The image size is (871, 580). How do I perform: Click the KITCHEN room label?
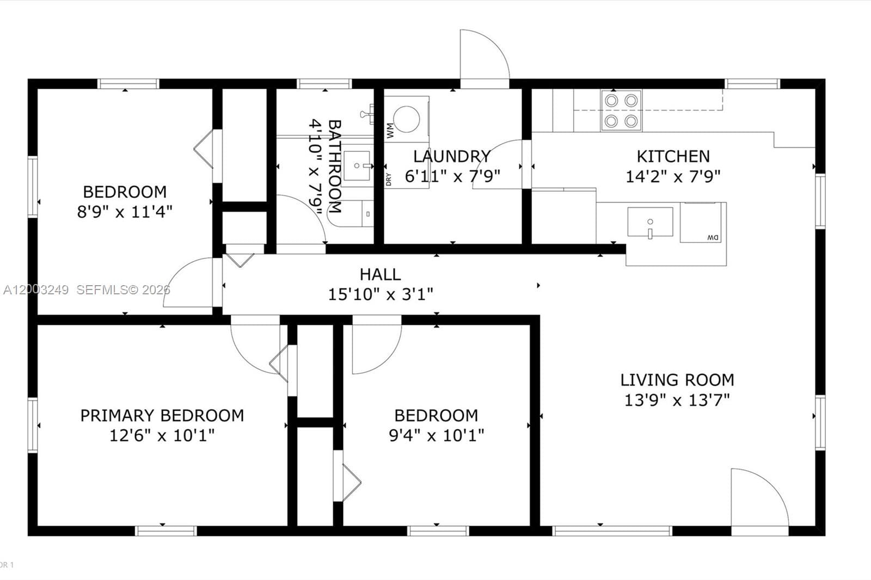coord(673,157)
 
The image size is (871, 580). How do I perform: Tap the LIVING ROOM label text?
coord(677,380)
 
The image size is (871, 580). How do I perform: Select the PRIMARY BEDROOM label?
coord(162,416)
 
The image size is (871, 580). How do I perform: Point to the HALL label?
coord(380,274)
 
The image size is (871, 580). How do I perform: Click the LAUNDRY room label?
coord(452,156)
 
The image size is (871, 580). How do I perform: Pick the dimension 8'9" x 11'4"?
coord(125,212)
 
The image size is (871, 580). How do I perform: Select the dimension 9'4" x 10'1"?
coord(436,435)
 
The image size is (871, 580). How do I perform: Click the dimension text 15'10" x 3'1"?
coord(381,294)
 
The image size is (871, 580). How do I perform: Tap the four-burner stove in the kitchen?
coord(621,110)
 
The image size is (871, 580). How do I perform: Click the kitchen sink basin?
coord(650,221)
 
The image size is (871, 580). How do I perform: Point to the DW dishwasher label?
coord(713,237)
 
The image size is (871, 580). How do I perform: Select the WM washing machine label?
coord(390,130)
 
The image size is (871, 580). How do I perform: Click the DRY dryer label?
coord(389,179)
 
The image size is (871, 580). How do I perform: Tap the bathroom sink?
coord(356,166)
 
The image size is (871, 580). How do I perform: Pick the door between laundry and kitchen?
coord(497,164)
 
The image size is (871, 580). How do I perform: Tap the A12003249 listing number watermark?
coord(36,289)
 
